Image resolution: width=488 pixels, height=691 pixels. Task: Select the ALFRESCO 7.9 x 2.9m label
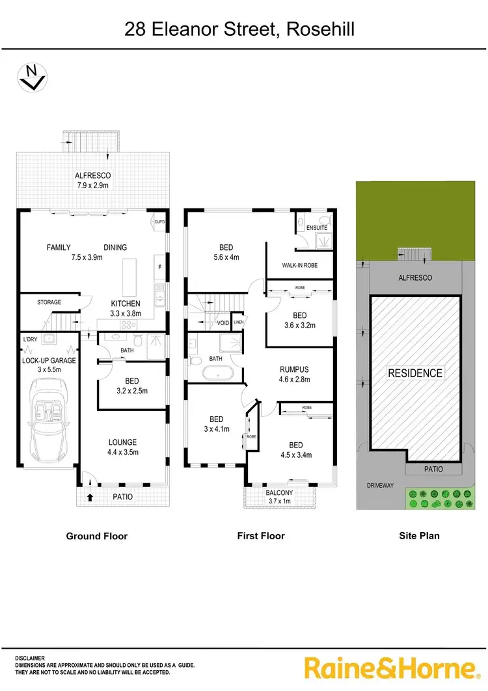click(93, 180)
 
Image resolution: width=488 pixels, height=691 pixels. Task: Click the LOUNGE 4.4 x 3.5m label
click(122, 447)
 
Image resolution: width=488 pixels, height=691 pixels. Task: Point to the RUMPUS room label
click(294, 374)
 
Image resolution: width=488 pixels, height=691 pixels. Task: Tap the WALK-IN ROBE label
click(299, 266)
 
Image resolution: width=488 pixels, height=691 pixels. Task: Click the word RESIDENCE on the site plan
click(415, 373)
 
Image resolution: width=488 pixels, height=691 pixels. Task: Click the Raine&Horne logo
click(391, 668)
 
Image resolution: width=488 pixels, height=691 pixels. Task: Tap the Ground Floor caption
click(97, 536)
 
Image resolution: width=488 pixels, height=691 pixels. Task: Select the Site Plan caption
click(419, 536)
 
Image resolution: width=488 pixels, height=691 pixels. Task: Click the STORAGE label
click(49, 302)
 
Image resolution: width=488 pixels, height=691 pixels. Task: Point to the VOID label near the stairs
click(223, 323)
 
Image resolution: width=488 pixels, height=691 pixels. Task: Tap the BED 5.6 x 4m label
click(226, 252)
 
